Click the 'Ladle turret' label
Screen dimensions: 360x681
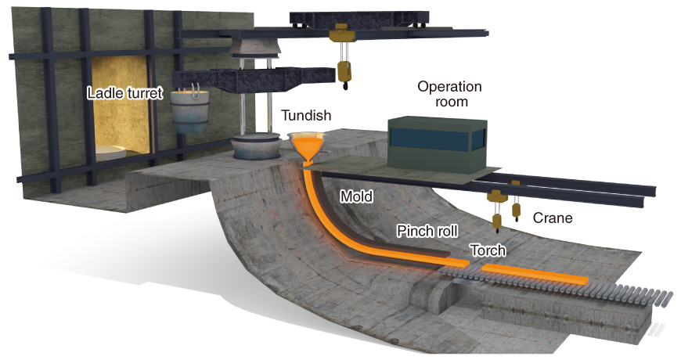(124, 94)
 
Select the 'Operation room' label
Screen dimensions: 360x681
(449, 94)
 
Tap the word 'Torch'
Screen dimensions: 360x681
(488, 250)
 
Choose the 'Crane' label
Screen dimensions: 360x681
(552, 218)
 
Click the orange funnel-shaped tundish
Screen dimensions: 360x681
(307, 145)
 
